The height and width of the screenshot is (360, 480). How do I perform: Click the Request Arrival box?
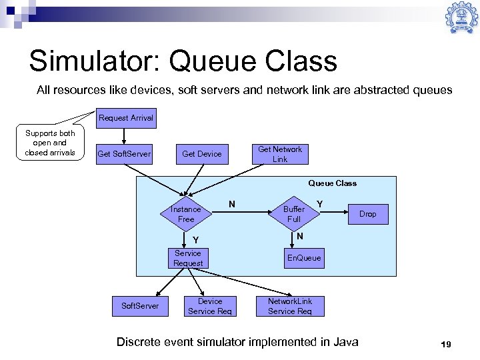coord(126,118)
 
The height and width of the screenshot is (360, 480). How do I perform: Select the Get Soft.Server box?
coord(124,154)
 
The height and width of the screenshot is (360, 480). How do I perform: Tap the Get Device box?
coord(201,154)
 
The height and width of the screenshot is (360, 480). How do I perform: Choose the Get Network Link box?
coord(280,154)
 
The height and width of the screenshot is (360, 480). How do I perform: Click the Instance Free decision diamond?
coord(186,214)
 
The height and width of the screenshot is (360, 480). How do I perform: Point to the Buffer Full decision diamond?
coord(294,214)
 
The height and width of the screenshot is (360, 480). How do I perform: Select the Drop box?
coord(367,214)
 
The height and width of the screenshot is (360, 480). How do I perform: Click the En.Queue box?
coord(303,258)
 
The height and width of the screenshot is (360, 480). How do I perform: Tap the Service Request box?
coord(188,258)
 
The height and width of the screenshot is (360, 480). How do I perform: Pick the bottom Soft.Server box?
coord(140,306)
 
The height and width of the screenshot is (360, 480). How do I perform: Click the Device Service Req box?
coord(210,306)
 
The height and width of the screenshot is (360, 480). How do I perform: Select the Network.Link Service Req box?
coord(290,306)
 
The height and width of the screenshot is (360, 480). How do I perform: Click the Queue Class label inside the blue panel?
coord(332,183)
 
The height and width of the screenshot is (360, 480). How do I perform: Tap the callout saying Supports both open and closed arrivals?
coord(50,143)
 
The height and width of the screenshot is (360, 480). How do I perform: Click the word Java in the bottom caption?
coord(344,342)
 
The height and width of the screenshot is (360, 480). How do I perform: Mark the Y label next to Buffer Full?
coord(320,204)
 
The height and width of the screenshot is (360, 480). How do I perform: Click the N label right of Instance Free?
coord(231,204)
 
